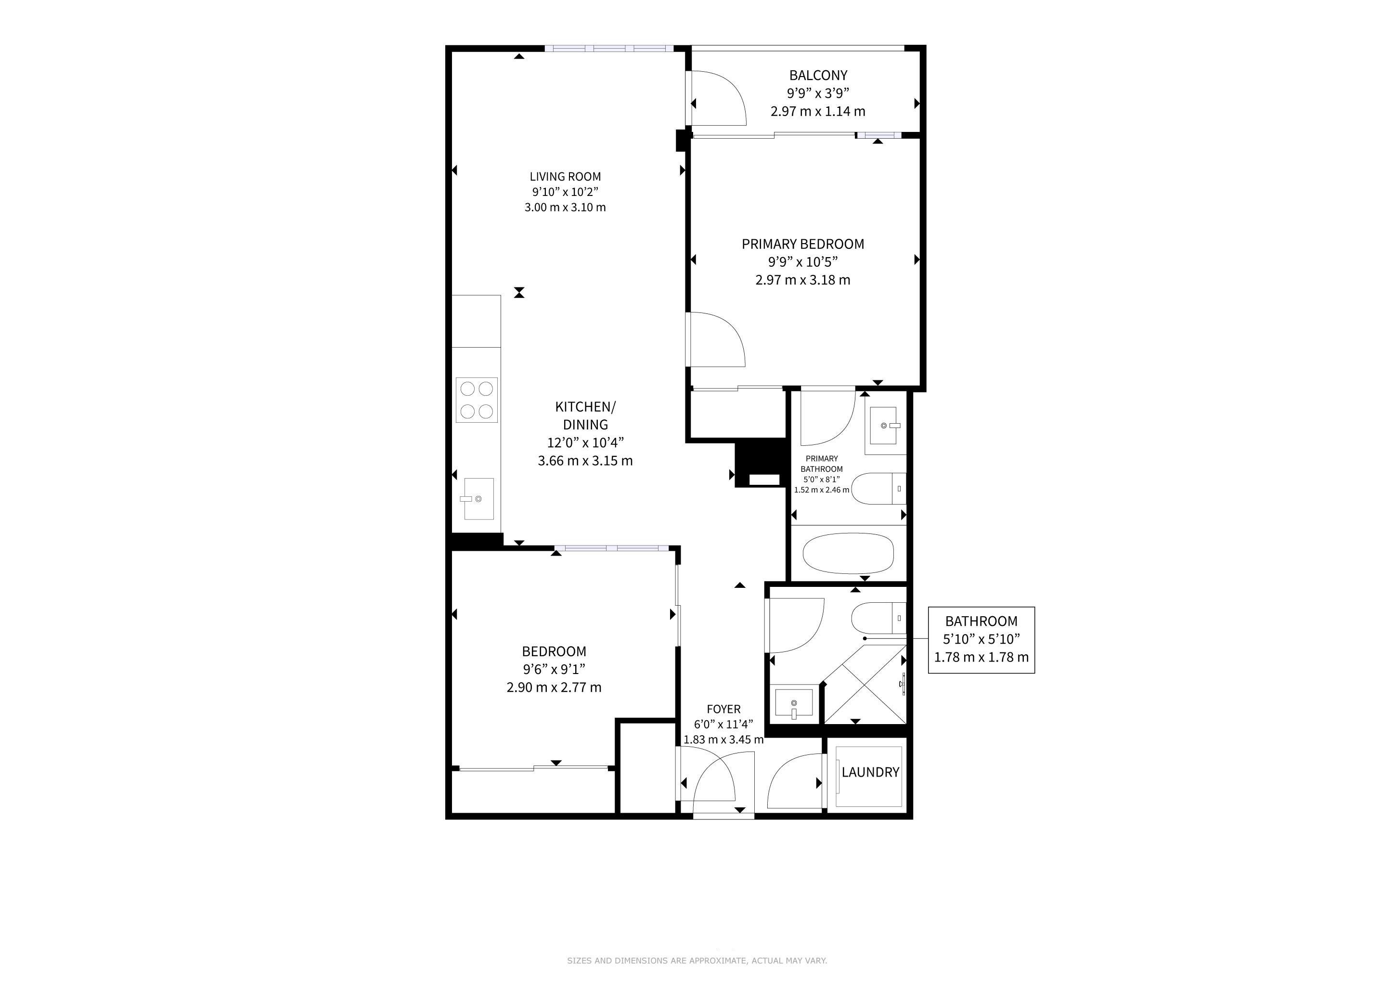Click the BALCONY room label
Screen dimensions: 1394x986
(x=818, y=75)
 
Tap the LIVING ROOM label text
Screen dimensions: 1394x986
(x=565, y=177)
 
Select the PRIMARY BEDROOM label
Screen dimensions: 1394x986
(x=802, y=244)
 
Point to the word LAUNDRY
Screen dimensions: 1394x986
(x=870, y=772)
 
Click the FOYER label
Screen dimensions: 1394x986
(x=723, y=709)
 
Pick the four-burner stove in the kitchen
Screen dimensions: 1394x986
(x=477, y=400)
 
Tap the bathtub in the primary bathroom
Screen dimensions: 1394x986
(x=848, y=553)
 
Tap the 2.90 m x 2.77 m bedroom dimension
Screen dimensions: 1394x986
(x=554, y=688)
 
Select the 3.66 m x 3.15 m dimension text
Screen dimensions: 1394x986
(x=585, y=461)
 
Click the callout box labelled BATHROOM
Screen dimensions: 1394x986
(x=981, y=640)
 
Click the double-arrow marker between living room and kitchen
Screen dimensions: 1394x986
(x=519, y=293)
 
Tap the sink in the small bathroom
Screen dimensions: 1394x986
(x=794, y=703)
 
